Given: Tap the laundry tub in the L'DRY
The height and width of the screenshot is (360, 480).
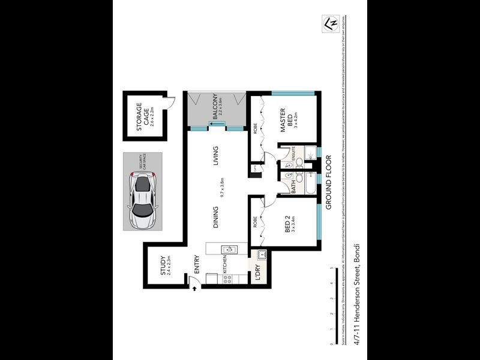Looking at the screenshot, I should [261, 256].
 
